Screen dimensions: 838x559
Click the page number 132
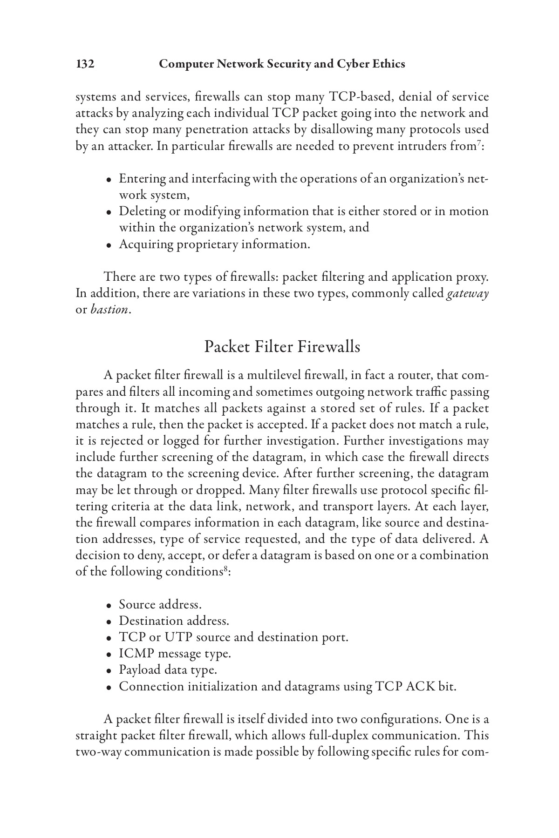(x=85, y=64)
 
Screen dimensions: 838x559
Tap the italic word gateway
(x=467, y=294)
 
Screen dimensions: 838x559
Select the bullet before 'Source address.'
(x=108, y=606)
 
